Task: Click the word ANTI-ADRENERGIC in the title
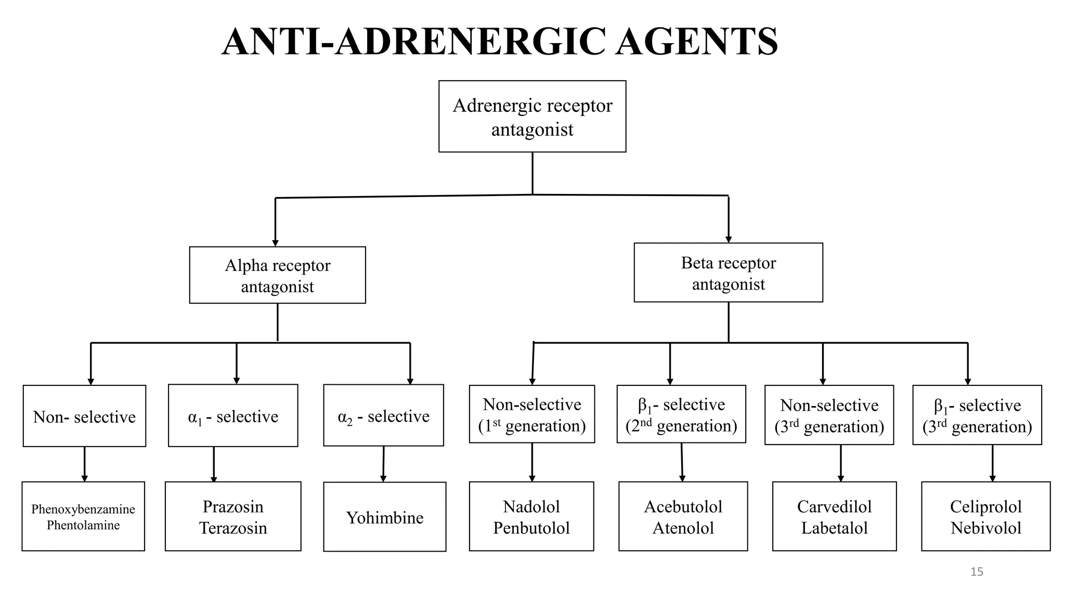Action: click(x=413, y=42)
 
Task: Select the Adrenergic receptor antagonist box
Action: click(x=532, y=116)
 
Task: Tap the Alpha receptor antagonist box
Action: click(x=277, y=275)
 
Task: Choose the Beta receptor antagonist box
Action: click(x=728, y=272)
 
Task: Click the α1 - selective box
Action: click(x=233, y=416)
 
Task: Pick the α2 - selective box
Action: click(x=383, y=415)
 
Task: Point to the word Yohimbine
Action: click(x=385, y=517)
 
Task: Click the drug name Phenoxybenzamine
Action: click(x=83, y=509)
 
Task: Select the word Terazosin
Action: click(x=233, y=528)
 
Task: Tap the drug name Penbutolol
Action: click(x=531, y=528)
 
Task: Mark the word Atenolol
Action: click(x=683, y=528)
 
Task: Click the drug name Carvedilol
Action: click(x=834, y=506)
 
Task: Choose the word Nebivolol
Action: click(x=986, y=528)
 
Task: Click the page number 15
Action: click(x=977, y=572)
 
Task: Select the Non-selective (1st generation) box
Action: click(x=532, y=414)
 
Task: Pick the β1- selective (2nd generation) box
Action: click(x=681, y=414)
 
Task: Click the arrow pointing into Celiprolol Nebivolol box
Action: click(x=992, y=476)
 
